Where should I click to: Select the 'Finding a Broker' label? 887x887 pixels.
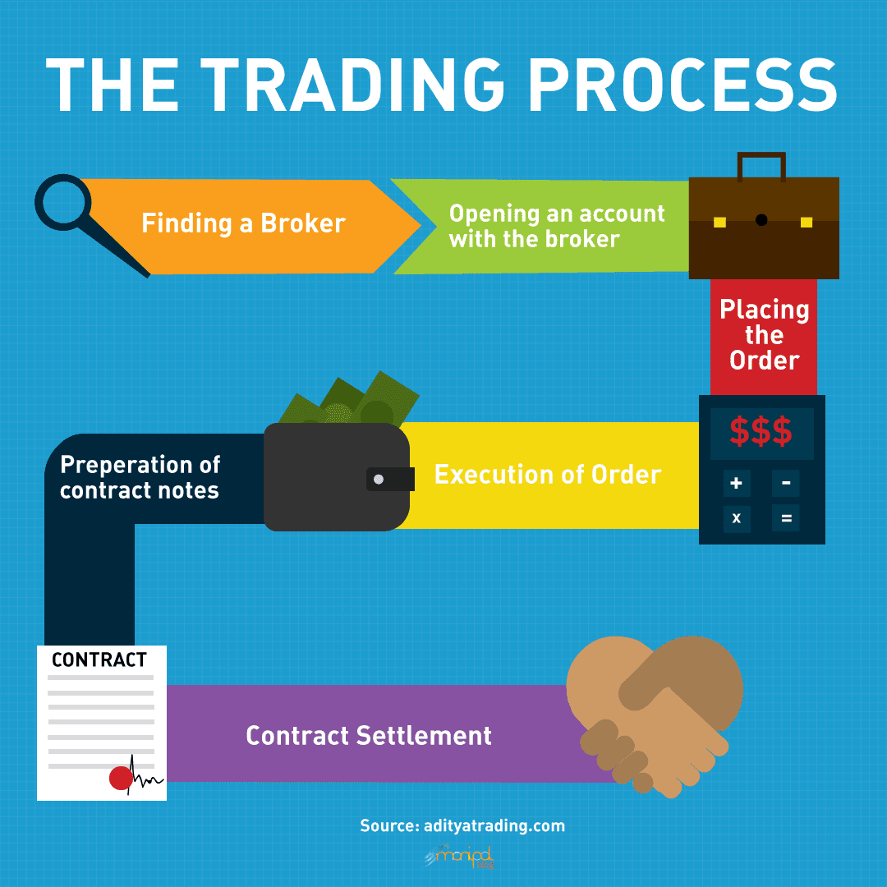243,223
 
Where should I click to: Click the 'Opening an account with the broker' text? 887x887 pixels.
556,226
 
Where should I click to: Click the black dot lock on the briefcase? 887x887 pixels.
761,220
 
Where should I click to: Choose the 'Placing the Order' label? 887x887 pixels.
764,335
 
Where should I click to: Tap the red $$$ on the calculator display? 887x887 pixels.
761,431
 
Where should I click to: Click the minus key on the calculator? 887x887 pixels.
786,483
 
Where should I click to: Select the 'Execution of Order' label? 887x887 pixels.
548,475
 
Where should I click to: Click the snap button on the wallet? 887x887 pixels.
378,479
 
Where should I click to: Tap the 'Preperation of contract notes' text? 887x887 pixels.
140,477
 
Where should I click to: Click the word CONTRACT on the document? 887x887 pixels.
99,660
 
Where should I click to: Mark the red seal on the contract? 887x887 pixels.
121,778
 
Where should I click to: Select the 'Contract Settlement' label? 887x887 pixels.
369,735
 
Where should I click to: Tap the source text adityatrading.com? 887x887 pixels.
462,825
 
